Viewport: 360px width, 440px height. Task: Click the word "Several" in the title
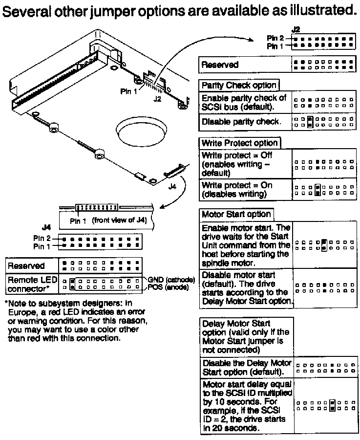point(30,10)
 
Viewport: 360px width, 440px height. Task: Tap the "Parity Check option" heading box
point(239,85)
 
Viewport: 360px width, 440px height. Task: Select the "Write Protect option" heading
point(239,143)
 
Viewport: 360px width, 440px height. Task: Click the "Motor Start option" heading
point(236,214)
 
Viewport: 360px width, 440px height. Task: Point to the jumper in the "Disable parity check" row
point(310,122)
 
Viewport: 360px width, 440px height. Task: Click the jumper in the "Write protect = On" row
point(318,189)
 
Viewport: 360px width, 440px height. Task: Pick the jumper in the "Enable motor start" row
point(324,245)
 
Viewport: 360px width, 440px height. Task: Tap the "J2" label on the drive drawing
point(156,98)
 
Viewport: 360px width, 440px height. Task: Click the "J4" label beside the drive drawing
point(171,186)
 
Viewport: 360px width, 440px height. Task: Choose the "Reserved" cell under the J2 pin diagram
point(220,65)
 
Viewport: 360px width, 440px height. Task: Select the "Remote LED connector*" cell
point(31,284)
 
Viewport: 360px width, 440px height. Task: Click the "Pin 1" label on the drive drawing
point(129,91)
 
